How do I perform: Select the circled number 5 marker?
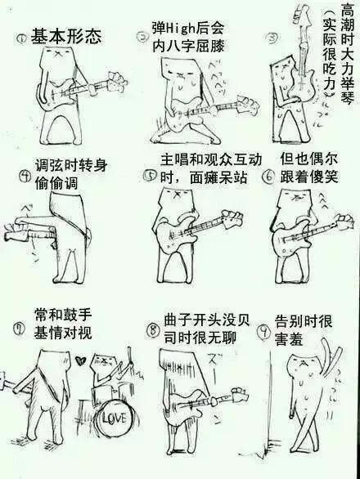click(150, 174)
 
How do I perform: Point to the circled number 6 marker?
click(268, 176)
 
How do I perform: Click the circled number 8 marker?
click(152, 331)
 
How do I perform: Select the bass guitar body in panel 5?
click(176, 242)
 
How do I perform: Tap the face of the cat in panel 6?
click(293, 200)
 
